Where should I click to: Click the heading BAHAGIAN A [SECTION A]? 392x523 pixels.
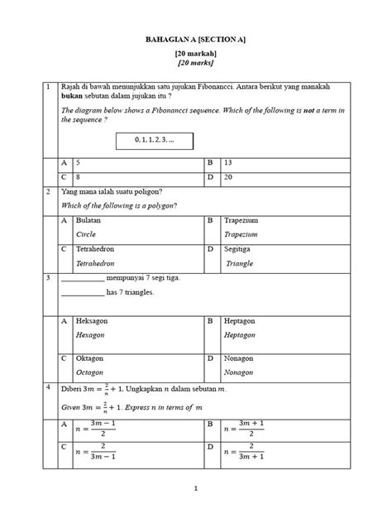tap(196, 40)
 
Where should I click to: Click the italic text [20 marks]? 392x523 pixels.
tap(196, 63)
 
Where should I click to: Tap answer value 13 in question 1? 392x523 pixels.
tap(228, 162)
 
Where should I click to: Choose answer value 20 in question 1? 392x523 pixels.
tap(228, 177)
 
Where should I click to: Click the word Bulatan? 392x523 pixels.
tap(88, 222)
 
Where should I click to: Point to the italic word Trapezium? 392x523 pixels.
tap(241, 235)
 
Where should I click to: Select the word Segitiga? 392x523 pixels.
tap(241, 248)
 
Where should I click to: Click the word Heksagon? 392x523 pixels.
tap(93, 320)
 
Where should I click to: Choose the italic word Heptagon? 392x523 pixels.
tap(241, 335)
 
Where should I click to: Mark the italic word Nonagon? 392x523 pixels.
tap(240, 373)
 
